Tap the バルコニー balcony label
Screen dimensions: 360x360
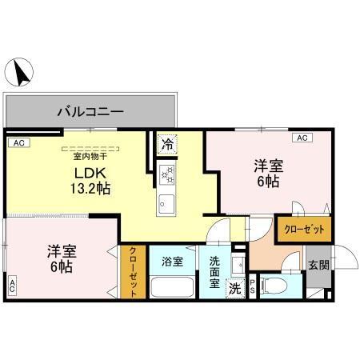point(90,112)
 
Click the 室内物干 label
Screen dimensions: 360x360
point(90,157)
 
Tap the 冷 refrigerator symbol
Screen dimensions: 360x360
point(167,145)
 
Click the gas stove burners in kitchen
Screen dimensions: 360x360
point(167,173)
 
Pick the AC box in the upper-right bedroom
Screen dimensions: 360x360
point(302,138)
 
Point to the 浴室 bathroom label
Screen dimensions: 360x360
point(172,261)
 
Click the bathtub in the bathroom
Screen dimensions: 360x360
point(172,286)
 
